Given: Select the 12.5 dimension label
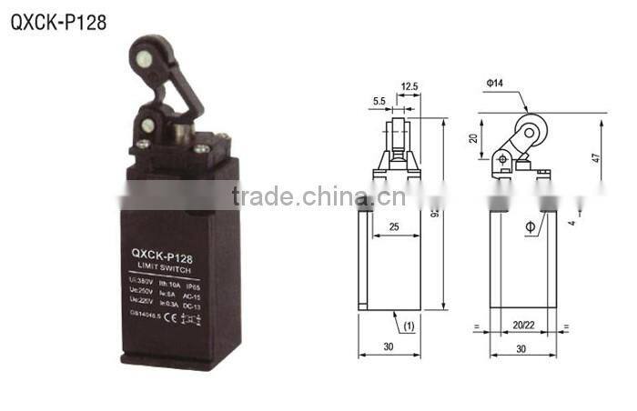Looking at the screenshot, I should tap(409, 87).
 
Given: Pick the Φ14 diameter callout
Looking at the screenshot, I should tap(495, 83).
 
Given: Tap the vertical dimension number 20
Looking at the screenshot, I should tap(474, 138).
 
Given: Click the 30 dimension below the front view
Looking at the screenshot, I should tap(389, 347).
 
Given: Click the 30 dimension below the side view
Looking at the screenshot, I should tap(522, 347).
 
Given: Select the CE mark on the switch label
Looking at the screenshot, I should tap(165, 319).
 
